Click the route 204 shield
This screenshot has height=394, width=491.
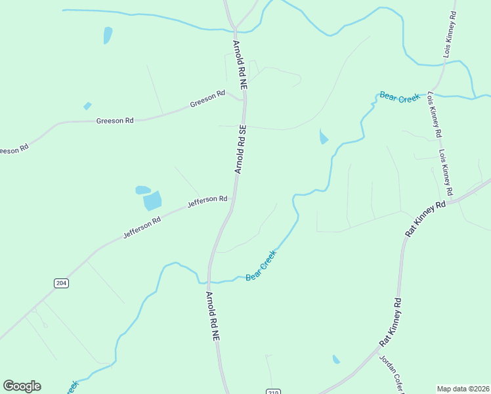click(61, 283)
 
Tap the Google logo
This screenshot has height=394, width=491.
click(22, 386)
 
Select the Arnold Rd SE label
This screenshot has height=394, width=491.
click(240, 150)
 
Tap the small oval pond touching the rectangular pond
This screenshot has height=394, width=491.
click(142, 190)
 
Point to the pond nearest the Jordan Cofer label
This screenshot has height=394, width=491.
click(336, 359)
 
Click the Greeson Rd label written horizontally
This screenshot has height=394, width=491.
click(115, 121)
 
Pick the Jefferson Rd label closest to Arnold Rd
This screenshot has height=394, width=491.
click(207, 202)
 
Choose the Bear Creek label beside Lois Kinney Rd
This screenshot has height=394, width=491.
click(399, 98)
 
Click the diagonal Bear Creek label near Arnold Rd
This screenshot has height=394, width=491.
click(261, 266)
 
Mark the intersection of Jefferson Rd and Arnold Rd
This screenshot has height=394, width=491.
click(232, 196)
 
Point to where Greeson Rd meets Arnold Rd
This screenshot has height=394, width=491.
click(244, 100)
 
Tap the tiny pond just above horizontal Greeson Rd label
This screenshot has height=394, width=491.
click(87, 106)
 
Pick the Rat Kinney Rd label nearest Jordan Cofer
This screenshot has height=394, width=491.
click(392, 325)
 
